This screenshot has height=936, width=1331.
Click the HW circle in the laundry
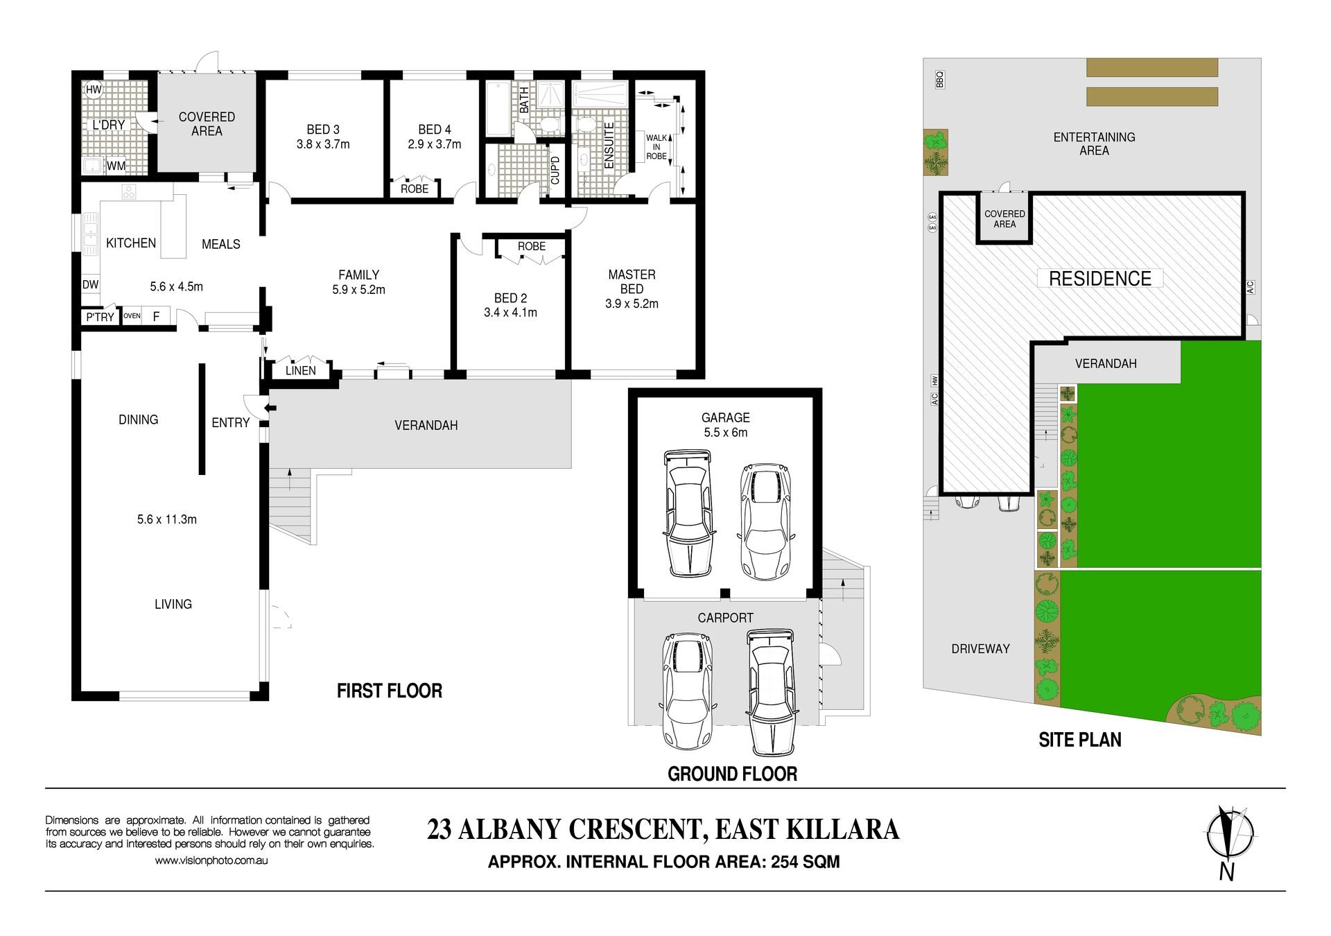[x=94, y=89]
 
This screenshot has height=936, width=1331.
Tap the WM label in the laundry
[x=116, y=166]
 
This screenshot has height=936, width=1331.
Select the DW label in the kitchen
[x=91, y=284]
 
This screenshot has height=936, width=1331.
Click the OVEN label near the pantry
[x=132, y=316]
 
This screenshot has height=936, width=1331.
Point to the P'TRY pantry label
[x=100, y=317]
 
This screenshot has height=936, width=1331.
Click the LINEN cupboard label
[x=301, y=370]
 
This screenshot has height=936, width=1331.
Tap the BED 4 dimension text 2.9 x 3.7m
[x=435, y=144]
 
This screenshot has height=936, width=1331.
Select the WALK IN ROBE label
[x=656, y=147]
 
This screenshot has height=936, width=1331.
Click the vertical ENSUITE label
[x=609, y=145]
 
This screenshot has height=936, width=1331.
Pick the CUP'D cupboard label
[x=555, y=170]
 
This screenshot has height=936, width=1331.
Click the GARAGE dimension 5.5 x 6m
[x=726, y=433]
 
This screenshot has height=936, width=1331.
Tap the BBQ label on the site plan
[x=940, y=80]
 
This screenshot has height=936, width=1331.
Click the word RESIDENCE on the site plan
[x=1100, y=279]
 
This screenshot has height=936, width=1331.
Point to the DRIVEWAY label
[x=980, y=649]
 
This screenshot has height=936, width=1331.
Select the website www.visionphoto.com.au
[x=211, y=860]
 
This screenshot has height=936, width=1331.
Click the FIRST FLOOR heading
[x=390, y=691]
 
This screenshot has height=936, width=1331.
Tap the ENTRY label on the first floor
[x=231, y=423]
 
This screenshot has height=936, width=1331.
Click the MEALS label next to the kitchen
[x=221, y=244]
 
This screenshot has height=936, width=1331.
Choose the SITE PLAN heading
[x=1080, y=740]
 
